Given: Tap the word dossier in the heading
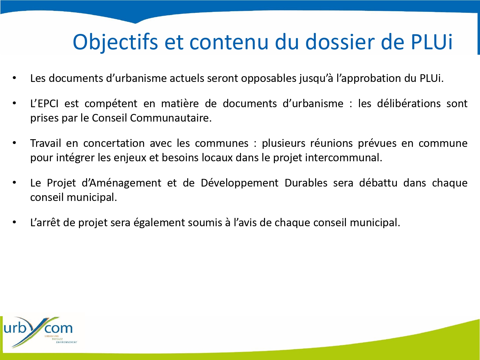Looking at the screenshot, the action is pyautogui.click(x=340, y=42).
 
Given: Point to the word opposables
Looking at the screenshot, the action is pyautogui.click(x=268, y=79).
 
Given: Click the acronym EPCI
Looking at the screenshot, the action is pyautogui.click(x=48, y=103).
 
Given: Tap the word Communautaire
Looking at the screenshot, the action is pyautogui.click(x=171, y=118).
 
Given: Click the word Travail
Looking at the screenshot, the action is pyautogui.click(x=45, y=143).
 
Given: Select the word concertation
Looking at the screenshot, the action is pyautogui.click(x=114, y=143).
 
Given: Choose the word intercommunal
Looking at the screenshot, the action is pyautogui.click(x=344, y=157).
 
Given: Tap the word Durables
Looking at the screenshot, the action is pyautogui.click(x=306, y=183).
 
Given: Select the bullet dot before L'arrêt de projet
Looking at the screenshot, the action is pyautogui.click(x=14, y=222).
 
